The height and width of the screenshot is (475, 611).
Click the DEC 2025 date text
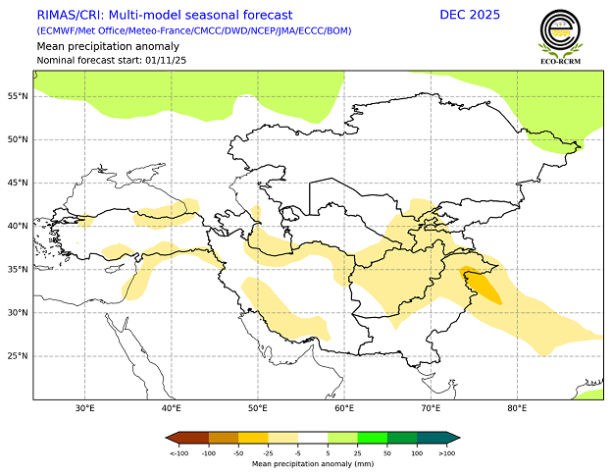pos(470,15)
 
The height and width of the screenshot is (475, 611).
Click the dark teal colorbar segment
pos(435,438)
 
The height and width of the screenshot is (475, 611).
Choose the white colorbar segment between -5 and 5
pos(313,438)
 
